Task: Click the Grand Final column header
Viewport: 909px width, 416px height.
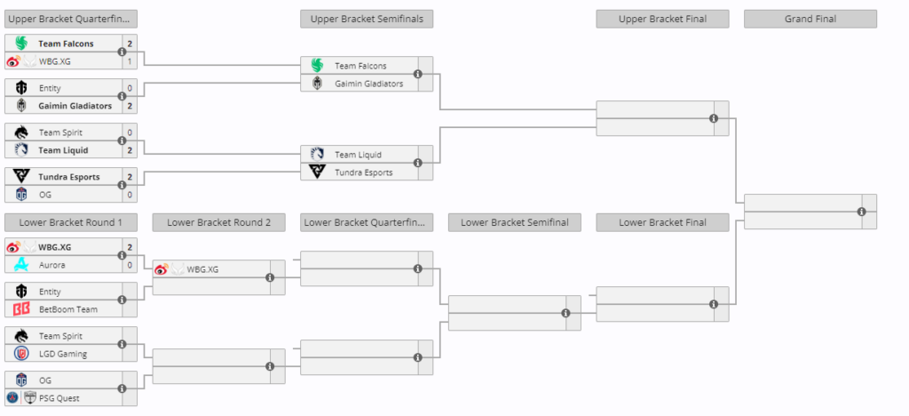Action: pos(810,20)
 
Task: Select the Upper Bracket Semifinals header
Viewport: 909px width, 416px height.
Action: pos(367,20)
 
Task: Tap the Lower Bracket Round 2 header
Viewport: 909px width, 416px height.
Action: pos(218,222)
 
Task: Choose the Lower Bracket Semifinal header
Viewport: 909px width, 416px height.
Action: pos(514,222)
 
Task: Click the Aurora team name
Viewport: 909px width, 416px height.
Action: pos(51,265)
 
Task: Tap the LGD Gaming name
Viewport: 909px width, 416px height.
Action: pos(63,354)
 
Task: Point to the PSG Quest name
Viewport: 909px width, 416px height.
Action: pos(59,398)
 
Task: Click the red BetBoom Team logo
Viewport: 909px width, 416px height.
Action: pos(21,309)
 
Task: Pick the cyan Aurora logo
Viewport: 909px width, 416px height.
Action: pos(21,265)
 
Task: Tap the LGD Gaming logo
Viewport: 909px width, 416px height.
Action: pos(21,354)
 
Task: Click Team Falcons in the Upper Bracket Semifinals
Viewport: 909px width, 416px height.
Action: pos(360,66)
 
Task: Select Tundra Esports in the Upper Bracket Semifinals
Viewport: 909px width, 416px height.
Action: pos(363,172)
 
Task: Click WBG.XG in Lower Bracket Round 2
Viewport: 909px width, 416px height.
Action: pos(203,269)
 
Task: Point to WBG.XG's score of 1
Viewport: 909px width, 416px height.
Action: pos(130,61)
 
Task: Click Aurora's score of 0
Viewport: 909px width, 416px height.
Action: pos(130,265)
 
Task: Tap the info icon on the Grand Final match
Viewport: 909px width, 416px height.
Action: pos(861,212)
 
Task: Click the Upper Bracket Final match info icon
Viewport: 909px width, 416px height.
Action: pos(714,118)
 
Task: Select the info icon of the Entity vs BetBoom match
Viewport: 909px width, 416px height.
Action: pos(122,300)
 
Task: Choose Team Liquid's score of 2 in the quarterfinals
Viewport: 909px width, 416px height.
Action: pos(130,150)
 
